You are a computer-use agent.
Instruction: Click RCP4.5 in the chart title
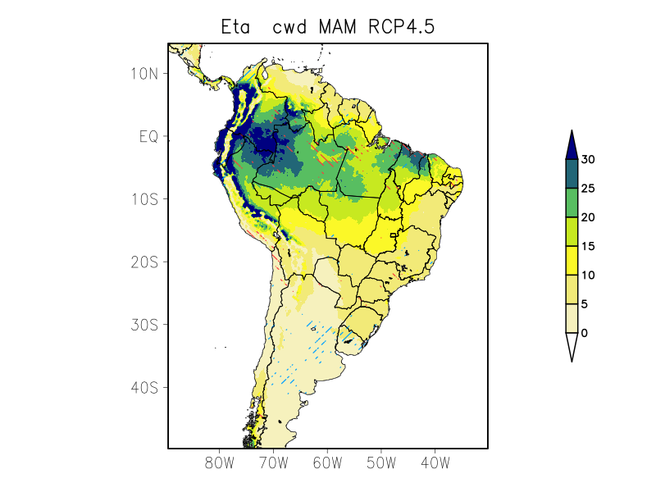point(402,27)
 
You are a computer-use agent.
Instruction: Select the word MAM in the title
point(339,27)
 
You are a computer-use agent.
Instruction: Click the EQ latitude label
point(148,136)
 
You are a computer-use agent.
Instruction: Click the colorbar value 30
point(588,160)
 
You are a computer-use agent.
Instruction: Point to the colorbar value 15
point(588,246)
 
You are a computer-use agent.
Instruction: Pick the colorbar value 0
point(585,333)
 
